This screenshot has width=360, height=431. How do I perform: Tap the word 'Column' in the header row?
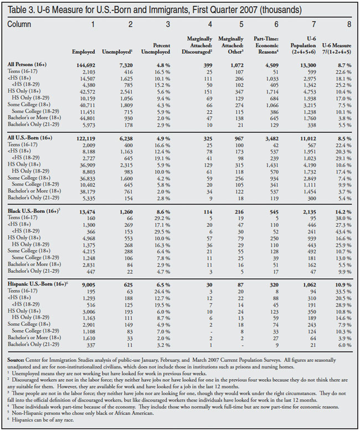[19, 25]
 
